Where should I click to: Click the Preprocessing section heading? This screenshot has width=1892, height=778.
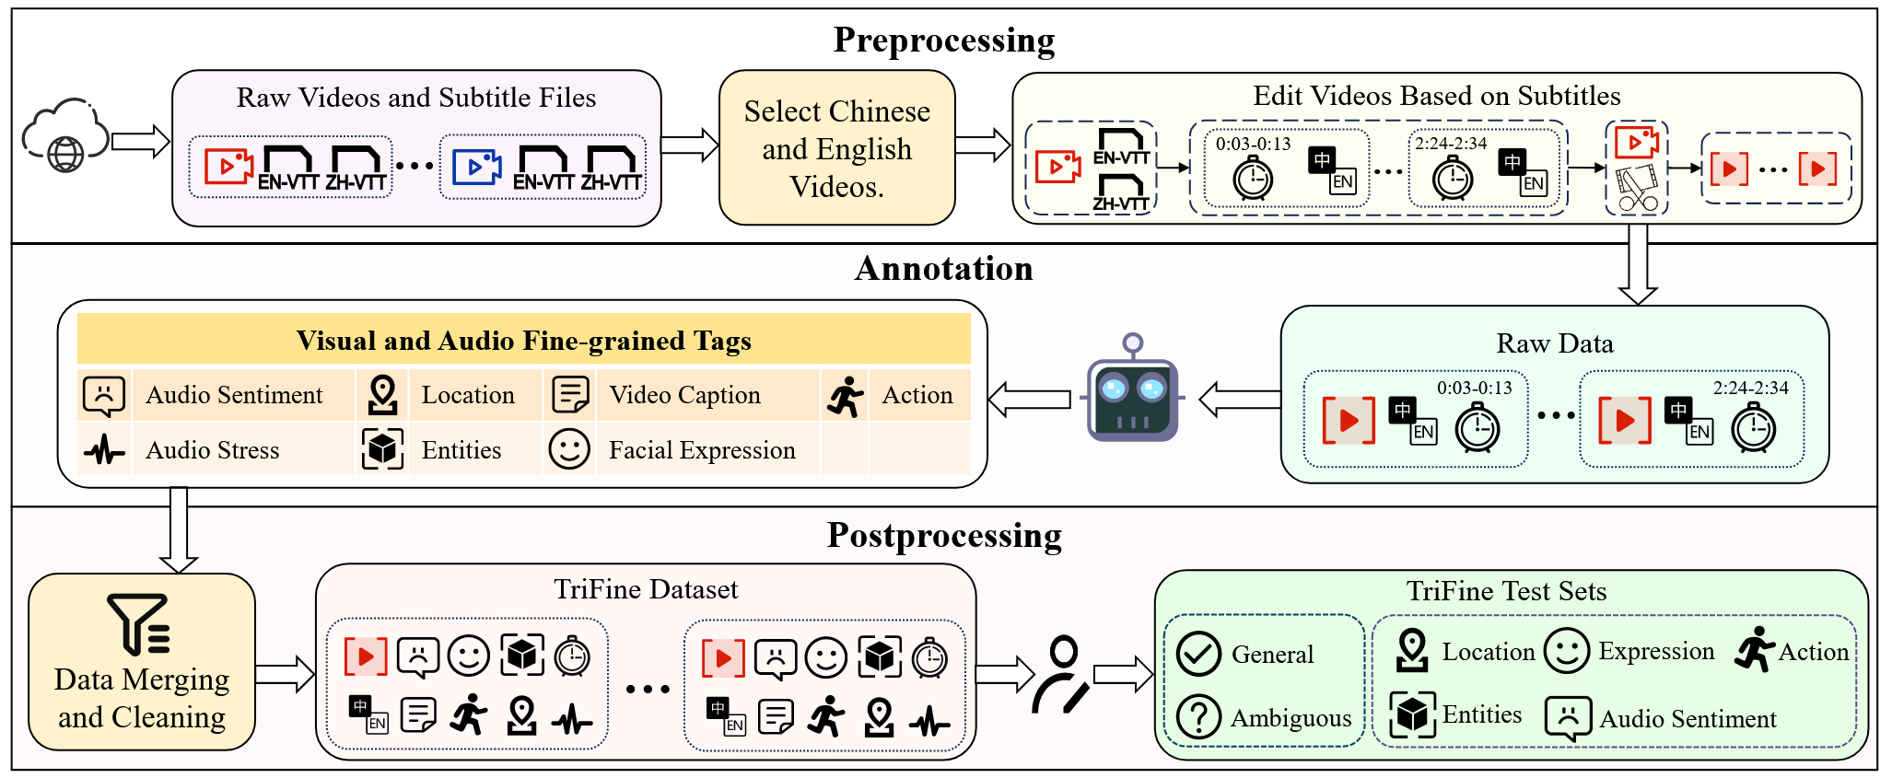(x=944, y=41)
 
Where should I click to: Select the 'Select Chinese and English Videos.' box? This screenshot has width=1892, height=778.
(x=836, y=148)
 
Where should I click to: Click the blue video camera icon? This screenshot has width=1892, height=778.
(x=476, y=167)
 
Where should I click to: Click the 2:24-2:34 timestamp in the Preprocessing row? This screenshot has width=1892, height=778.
(x=1451, y=144)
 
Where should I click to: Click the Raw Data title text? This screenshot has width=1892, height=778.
(x=1554, y=343)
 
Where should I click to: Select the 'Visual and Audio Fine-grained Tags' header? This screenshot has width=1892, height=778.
(x=523, y=341)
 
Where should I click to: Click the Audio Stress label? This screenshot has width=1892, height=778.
(x=213, y=450)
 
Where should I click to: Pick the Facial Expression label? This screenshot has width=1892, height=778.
(x=702, y=450)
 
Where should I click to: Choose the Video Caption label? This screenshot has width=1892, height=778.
(x=684, y=395)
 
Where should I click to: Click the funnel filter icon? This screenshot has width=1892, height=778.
(x=139, y=623)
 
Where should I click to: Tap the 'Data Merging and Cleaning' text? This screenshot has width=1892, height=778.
(x=142, y=698)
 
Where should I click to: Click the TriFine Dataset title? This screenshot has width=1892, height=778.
(x=646, y=589)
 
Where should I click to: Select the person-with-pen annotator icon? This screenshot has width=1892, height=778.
(x=1061, y=676)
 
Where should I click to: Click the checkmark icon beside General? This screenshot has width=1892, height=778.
(x=1198, y=654)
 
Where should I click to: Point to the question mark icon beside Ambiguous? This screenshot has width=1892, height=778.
(x=1198, y=716)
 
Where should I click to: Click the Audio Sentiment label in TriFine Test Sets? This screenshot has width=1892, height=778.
(x=1688, y=719)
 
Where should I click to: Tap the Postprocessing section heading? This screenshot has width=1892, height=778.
(x=944, y=536)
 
